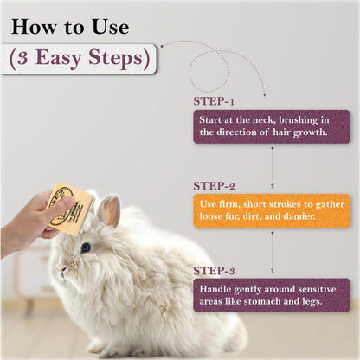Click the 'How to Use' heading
tap(70, 26)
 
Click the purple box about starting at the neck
tap(271, 125)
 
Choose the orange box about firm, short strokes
tap(271, 209)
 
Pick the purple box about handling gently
tap(271, 294)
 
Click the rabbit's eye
tap(86, 247)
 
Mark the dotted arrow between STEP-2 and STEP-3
tap(273, 249)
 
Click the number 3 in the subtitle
tap(27, 59)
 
